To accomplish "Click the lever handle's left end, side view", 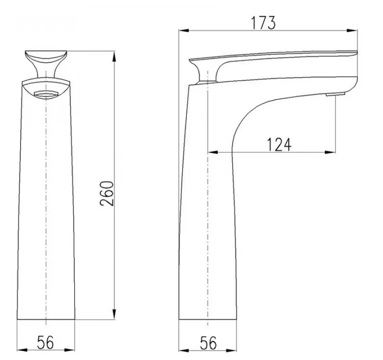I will pyautogui.click(x=192, y=61).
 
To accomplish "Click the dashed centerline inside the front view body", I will pyautogui.click(x=45, y=201).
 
